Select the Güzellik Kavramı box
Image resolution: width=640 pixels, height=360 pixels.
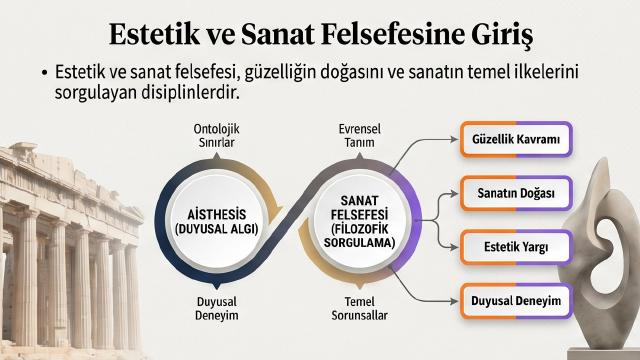[516, 139]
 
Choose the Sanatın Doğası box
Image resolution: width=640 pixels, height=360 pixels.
[516, 193]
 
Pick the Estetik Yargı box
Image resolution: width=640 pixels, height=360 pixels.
[516, 247]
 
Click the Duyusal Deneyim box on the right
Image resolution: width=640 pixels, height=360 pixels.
[516, 301]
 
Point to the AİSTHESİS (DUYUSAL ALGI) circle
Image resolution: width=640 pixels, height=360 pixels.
[217, 221]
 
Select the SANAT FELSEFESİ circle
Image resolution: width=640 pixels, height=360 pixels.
[360, 221]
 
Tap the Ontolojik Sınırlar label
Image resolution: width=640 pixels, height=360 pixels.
[217, 136]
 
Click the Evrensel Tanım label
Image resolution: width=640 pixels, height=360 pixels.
[360, 136]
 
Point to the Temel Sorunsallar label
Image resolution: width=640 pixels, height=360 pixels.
[360, 308]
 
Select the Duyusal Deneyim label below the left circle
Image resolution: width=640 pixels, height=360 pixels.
[217, 308]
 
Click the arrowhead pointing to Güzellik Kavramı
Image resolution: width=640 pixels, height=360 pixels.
[454, 139]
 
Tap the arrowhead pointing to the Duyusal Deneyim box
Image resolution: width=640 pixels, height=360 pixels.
[454, 301]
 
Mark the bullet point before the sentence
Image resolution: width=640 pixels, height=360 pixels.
[44, 73]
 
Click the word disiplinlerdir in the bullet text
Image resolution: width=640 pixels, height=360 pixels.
[190, 93]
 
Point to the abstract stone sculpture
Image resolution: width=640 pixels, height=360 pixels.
[600, 253]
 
